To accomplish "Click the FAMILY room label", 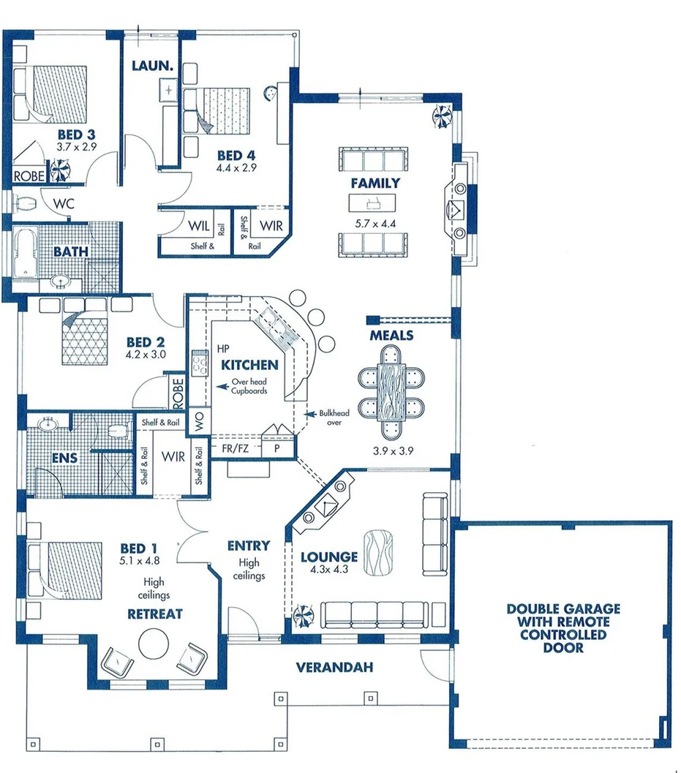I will point(375,183).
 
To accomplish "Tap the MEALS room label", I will point(391,336).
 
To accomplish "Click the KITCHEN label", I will point(250,365).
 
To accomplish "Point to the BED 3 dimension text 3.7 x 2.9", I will point(76,147).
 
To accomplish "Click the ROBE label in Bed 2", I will point(177,393).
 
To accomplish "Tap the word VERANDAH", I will point(334,668).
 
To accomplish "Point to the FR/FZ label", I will point(235,449).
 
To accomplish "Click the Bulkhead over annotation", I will point(334,418).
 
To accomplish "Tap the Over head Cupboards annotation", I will point(249,386).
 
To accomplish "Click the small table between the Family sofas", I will point(375,203).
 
